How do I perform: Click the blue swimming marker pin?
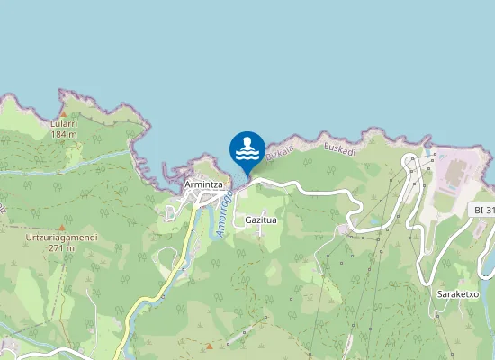point(247,148)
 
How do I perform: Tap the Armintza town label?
point(202,184)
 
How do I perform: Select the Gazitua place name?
point(260,220)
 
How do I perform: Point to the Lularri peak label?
point(63,123)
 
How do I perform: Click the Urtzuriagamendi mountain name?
point(61,236)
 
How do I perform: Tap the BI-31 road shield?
point(484,211)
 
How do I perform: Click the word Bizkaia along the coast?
point(282,154)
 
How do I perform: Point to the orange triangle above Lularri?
point(63,114)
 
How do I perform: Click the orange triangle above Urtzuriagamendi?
point(61,226)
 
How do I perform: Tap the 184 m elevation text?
point(63,134)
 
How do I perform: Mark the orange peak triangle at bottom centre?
point(209,346)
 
